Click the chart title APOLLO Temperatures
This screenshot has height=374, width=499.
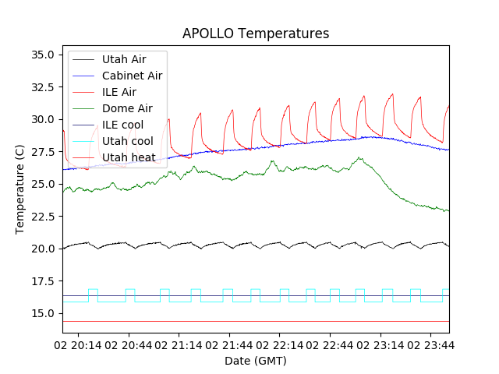255,34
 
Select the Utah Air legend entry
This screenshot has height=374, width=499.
124,58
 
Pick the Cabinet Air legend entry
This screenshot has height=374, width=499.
132,76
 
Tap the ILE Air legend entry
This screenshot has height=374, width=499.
119,92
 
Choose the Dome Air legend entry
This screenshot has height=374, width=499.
127,109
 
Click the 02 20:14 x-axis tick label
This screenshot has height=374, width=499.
80,344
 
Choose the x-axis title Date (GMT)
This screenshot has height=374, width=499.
255,361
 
